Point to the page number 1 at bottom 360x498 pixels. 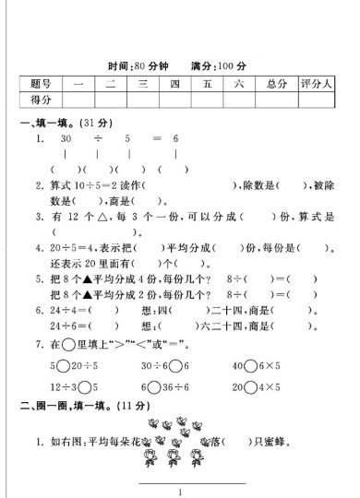pyautogui.click(x=181, y=490)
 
